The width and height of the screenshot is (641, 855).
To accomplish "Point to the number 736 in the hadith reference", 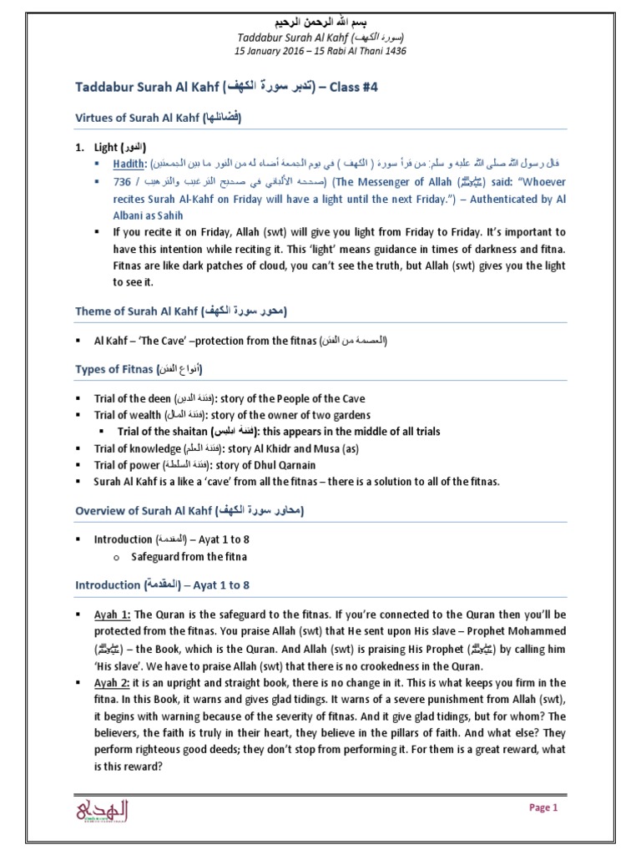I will [122, 181].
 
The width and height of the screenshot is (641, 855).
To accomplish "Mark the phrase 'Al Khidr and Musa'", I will [290, 448].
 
